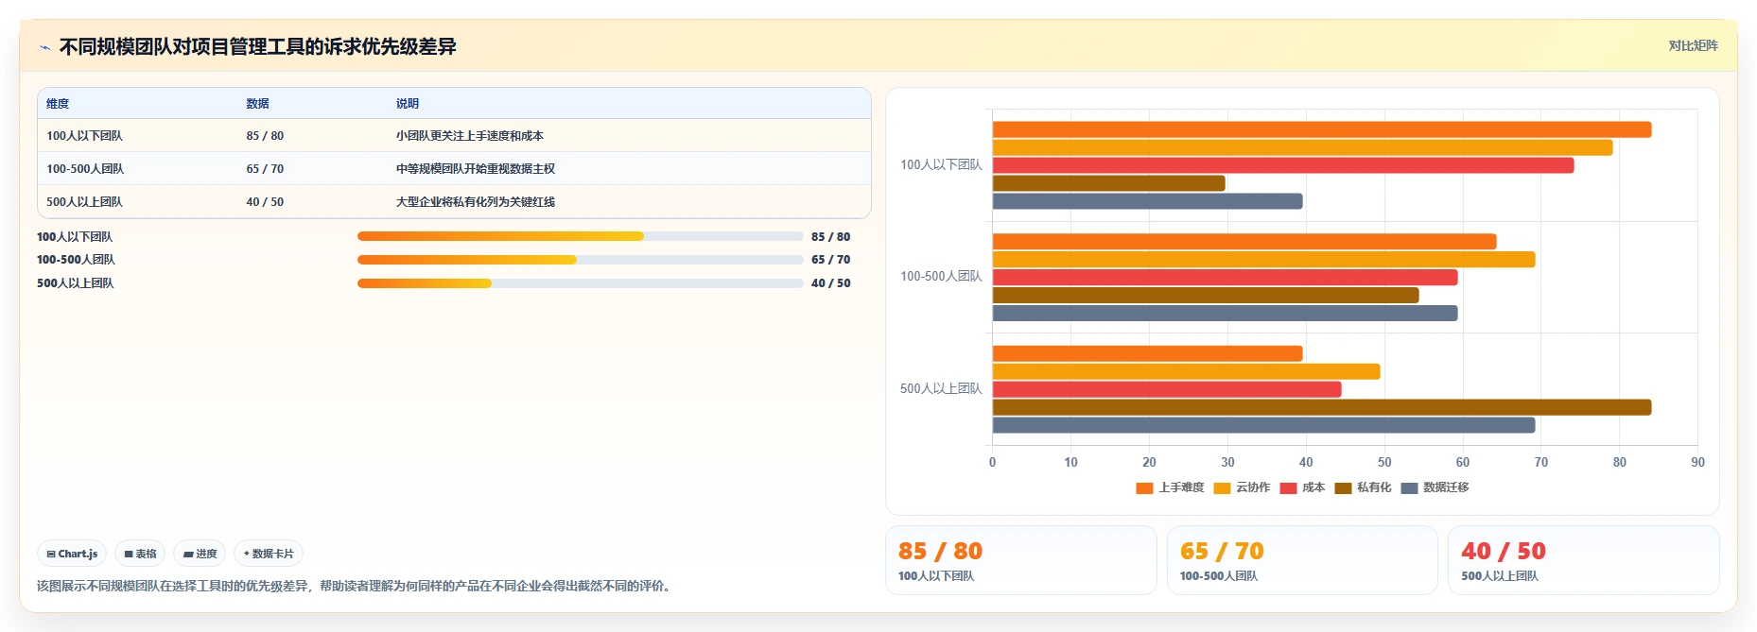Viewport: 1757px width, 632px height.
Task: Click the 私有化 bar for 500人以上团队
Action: (x=1322, y=407)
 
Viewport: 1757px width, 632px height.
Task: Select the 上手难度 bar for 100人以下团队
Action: (x=1322, y=129)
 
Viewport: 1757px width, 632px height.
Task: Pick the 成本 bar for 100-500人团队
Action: (x=1225, y=278)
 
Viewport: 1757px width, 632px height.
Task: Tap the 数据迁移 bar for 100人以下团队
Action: (x=1147, y=201)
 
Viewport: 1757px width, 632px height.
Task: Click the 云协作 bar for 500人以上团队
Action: (x=1186, y=371)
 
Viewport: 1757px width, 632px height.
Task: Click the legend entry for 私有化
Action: (x=1363, y=487)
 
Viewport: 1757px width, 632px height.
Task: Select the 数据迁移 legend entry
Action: (x=1435, y=487)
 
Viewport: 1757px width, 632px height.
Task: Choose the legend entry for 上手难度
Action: (x=1170, y=487)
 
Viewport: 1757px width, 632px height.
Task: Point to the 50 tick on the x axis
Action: (x=1384, y=462)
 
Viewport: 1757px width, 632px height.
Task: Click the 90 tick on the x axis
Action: (x=1697, y=462)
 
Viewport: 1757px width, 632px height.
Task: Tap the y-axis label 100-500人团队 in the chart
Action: (x=941, y=277)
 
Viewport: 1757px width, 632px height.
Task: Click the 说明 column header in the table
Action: (x=408, y=104)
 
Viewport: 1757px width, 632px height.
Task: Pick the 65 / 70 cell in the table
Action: (x=265, y=169)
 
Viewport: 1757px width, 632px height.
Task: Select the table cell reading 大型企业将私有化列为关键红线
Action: (x=476, y=202)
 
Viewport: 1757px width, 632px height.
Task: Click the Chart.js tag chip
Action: (x=72, y=554)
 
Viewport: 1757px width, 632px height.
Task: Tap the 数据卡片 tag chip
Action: (x=269, y=554)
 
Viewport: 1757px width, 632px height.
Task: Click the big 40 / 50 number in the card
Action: (x=1504, y=551)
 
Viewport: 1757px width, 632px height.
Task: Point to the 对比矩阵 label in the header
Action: (x=1693, y=45)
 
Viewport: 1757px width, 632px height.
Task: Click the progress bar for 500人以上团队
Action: (x=581, y=283)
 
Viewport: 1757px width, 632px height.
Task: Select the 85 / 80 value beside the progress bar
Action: (x=830, y=237)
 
